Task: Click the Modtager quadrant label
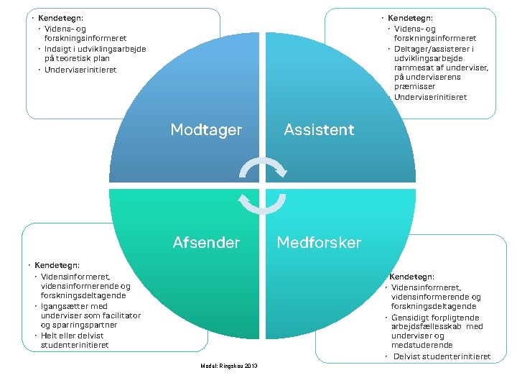point(206,130)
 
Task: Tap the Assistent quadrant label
point(319,130)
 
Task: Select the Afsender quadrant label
point(206,242)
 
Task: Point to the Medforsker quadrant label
point(319,242)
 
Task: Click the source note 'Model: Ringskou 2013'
point(230,366)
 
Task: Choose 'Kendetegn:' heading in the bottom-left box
point(57,265)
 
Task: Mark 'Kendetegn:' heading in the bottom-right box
point(411,277)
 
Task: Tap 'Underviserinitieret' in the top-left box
point(80,70)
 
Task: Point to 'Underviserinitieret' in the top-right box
point(430,97)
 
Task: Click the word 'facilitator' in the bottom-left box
point(121,315)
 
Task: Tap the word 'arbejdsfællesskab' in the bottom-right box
point(428,326)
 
